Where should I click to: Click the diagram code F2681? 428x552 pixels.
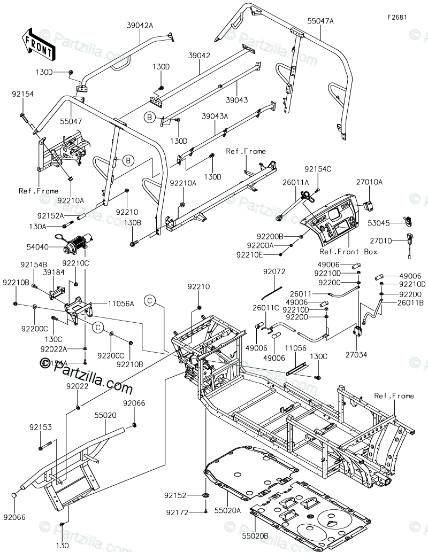(x=398, y=17)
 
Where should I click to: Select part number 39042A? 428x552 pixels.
(x=140, y=25)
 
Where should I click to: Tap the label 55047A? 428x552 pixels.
(x=320, y=21)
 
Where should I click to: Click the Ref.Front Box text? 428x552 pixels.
(x=348, y=252)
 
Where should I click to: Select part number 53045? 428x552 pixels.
(x=387, y=222)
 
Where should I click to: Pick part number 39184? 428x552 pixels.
(x=53, y=272)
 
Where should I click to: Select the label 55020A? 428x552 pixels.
(x=228, y=511)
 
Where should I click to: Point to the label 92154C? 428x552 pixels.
(x=318, y=169)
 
